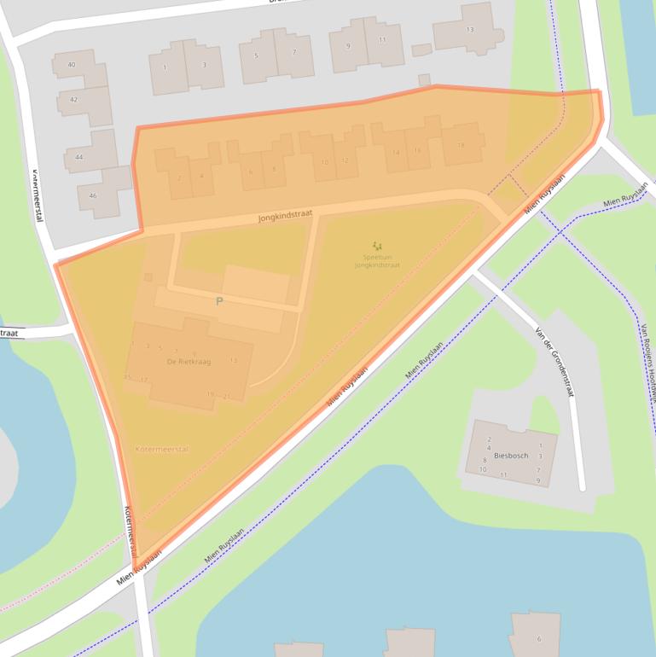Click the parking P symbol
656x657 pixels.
click(219, 301)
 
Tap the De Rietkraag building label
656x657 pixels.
click(189, 362)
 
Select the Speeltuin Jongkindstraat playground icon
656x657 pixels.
click(377, 247)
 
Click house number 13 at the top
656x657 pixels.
click(469, 30)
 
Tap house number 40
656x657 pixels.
click(72, 65)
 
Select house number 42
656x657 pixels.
click(74, 100)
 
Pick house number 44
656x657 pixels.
click(79, 157)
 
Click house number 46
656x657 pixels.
click(93, 195)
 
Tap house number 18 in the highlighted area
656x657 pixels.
click(461, 145)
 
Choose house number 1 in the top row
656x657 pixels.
click(165, 67)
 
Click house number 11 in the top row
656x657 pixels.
click(383, 40)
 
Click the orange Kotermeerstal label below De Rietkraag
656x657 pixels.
click(162, 448)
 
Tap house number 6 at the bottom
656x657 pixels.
click(538, 638)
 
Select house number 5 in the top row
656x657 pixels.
click(256, 56)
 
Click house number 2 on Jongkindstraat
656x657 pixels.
click(179, 177)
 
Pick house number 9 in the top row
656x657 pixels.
click(348, 46)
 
